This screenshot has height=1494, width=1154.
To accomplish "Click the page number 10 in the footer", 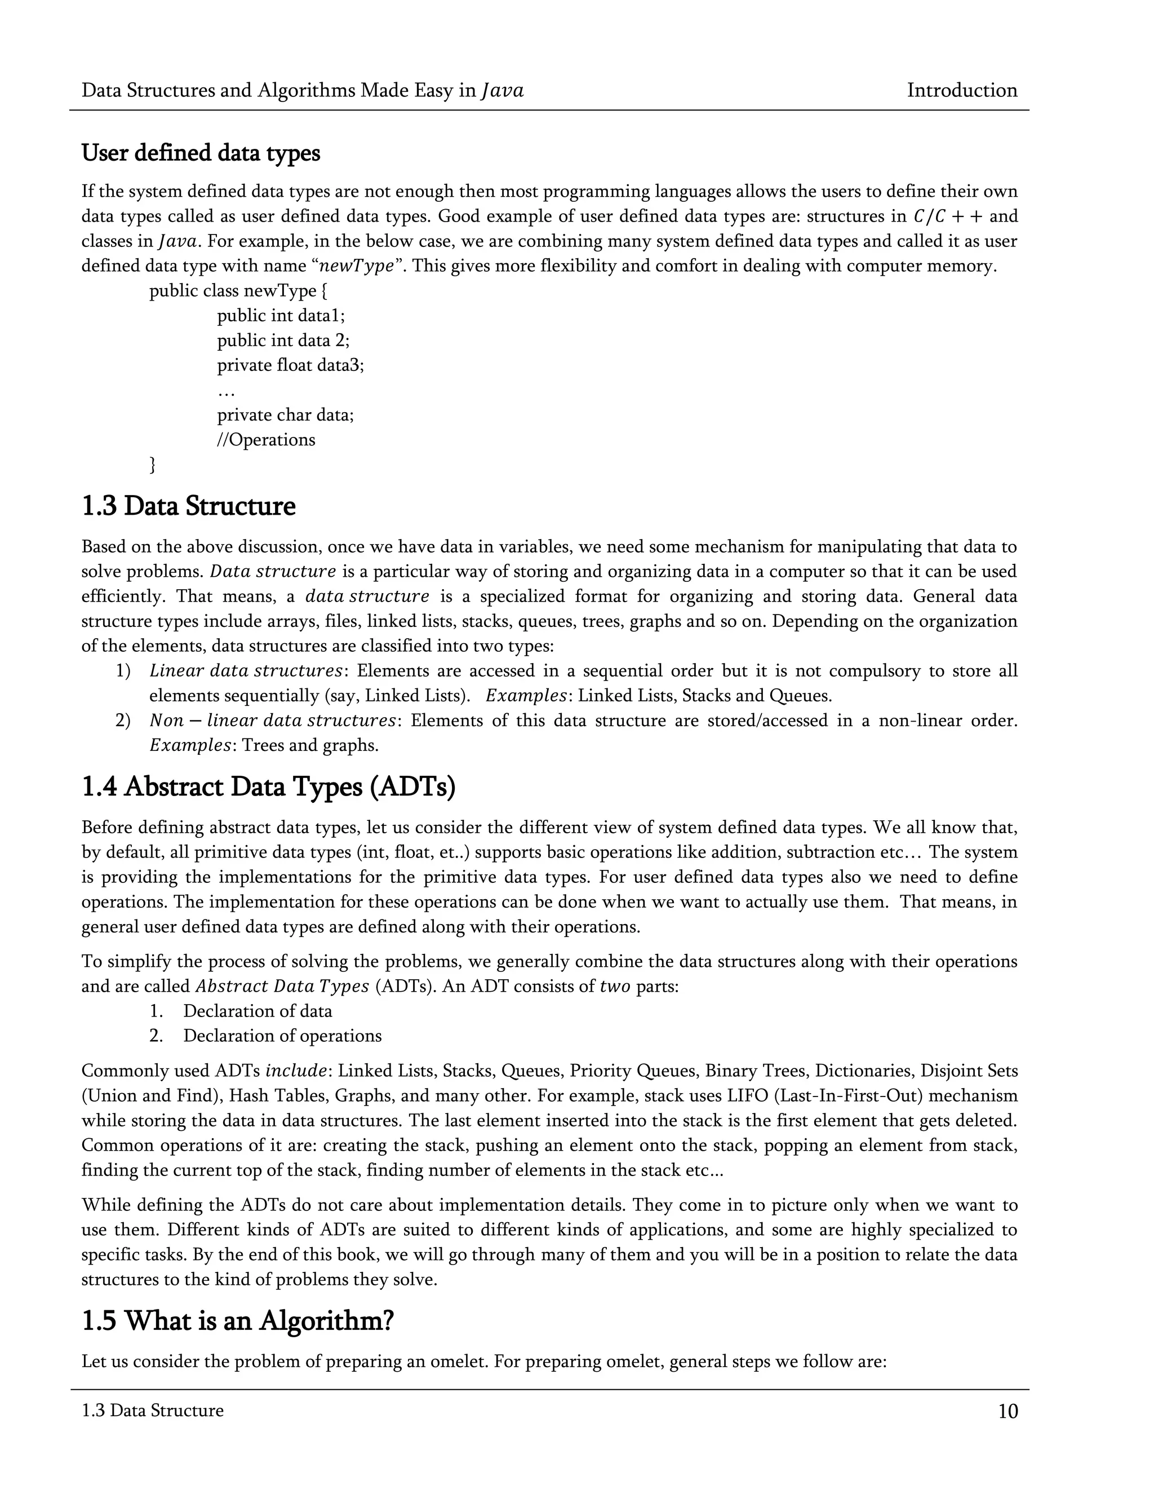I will point(1007,1411).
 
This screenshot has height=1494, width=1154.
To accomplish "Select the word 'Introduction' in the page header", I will point(961,90).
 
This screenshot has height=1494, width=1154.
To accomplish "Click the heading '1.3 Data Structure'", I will point(188,506).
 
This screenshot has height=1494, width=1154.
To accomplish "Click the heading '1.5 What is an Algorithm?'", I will point(237,1320).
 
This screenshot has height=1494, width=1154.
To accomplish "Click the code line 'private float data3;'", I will point(291,365).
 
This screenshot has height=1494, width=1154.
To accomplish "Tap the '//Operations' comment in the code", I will point(266,439).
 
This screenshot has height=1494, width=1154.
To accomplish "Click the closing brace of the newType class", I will point(153,465).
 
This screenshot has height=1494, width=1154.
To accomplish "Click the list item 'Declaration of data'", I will point(257,1010).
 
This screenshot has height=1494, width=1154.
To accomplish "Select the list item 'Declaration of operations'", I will point(282,1035).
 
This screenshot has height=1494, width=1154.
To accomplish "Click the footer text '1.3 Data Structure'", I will point(152,1411).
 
